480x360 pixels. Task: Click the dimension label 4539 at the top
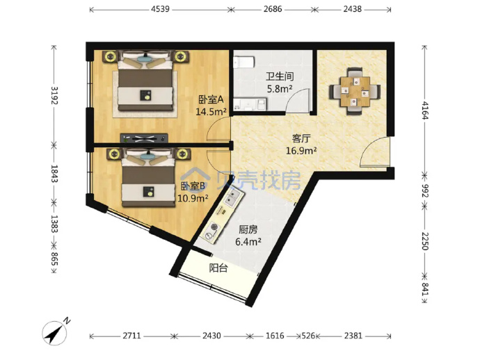(160, 9)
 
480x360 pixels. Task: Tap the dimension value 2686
(273, 9)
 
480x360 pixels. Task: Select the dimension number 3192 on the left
(54, 95)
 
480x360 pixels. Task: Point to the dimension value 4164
(425, 111)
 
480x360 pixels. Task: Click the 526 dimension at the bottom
(308, 336)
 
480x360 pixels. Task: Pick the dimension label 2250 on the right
(425, 241)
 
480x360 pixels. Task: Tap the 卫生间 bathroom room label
(280, 76)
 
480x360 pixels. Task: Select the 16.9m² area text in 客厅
(301, 151)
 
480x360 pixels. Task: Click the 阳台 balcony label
(218, 268)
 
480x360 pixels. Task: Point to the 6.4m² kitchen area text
(248, 242)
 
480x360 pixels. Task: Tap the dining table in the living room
(355, 91)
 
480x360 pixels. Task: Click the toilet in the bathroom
(244, 62)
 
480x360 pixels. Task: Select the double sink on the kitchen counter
(232, 197)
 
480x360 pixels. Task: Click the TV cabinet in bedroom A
(144, 138)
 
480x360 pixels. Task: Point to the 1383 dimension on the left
(54, 224)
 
